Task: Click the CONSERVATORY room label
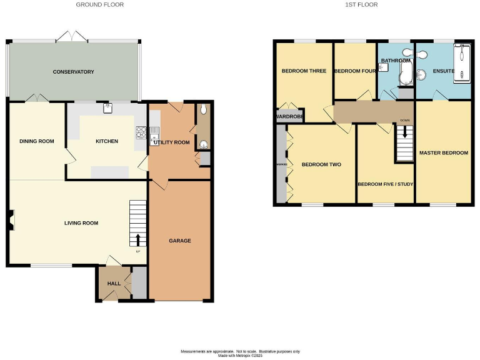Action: (x=73, y=72)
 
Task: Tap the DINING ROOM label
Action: (x=37, y=141)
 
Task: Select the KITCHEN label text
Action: (x=107, y=141)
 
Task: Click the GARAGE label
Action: (x=180, y=241)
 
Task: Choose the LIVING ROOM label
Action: (x=81, y=222)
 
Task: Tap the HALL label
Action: (x=114, y=284)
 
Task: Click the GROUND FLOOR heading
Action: (x=100, y=4)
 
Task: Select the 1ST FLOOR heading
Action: (x=361, y=4)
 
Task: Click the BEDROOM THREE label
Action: (x=304, y=71)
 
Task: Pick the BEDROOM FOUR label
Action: (x=355, y=71)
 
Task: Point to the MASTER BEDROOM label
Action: (x=444, y=152)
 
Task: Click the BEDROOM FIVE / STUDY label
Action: (x=385, y=184)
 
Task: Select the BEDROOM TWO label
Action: (x=321, y=165)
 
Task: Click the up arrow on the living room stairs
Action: (x=138, y=239)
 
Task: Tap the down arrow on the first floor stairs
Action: (x=404, y=132)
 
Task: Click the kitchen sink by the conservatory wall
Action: (x=107, y=107)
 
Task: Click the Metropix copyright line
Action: (x=241, y=356)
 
